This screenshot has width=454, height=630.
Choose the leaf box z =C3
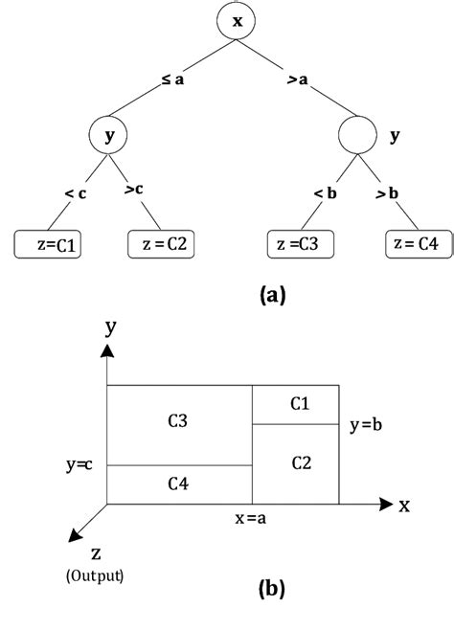[x=300, y=245]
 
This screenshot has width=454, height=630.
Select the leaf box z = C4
[x=414, y=245]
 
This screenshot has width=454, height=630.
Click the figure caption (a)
[x=272, y=295]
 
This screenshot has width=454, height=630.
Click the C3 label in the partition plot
[x=178, y=421]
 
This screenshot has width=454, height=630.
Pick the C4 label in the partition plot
[x=178, y=484]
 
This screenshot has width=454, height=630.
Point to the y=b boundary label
[x=368, y=423]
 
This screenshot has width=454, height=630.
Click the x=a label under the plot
[x=252, y=518]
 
